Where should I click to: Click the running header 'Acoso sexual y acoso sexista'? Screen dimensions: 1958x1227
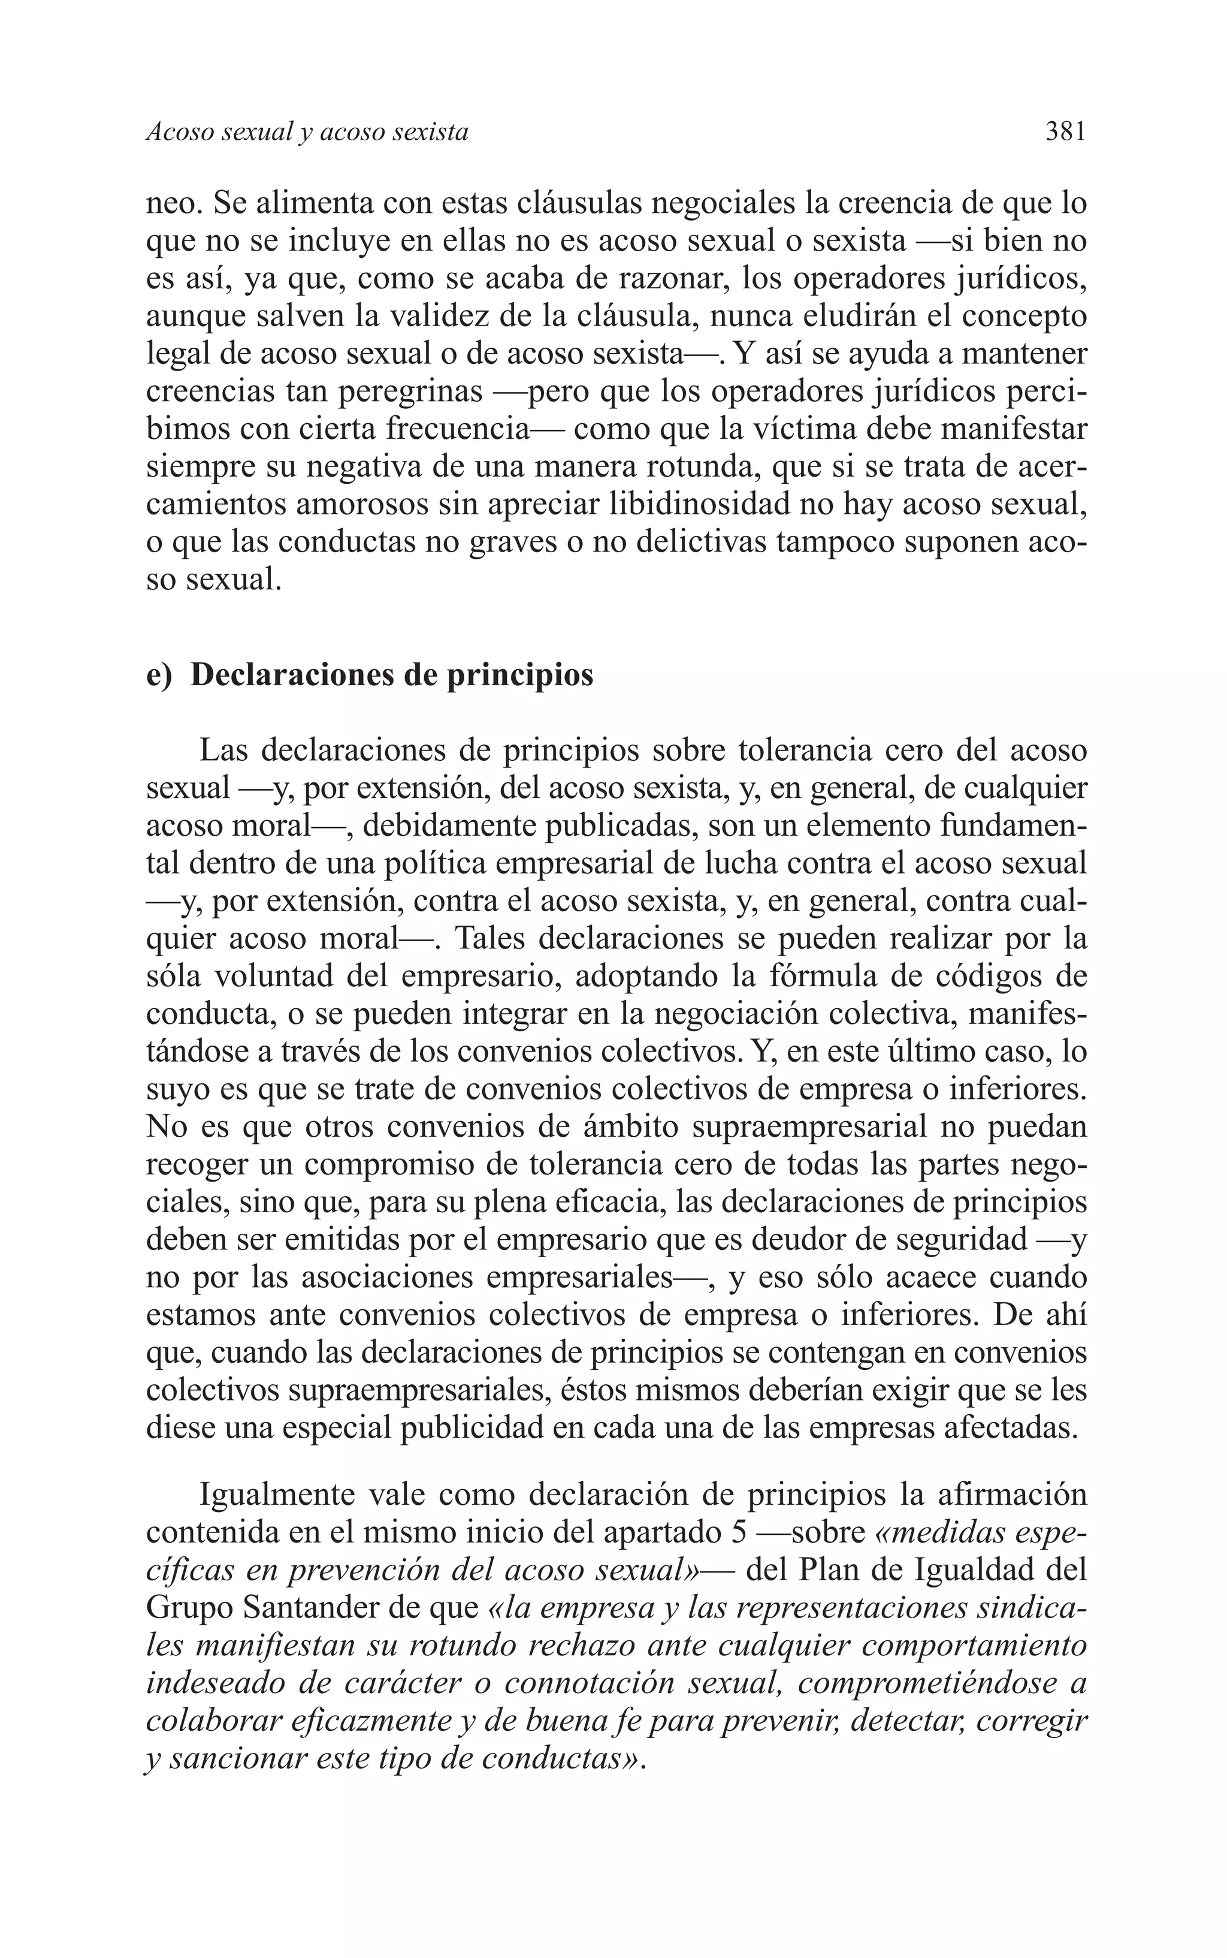(307, 132)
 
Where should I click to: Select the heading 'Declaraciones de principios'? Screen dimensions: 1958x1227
(391, 674)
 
